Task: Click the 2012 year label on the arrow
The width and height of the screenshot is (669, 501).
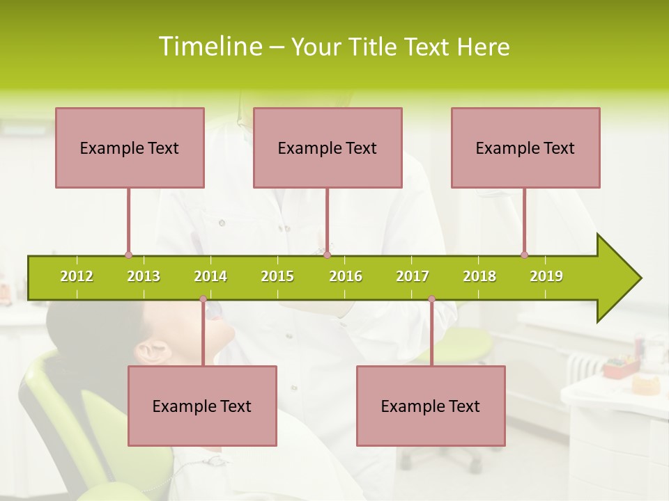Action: click(77, 277)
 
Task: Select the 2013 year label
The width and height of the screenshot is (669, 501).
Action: click(144, 277)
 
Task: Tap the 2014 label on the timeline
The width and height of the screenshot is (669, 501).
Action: click(210, 277)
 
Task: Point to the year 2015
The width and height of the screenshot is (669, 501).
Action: click(277, 277)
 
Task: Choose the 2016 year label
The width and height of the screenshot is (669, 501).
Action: click(346, 277)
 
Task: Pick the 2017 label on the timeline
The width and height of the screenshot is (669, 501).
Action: click(413, 277)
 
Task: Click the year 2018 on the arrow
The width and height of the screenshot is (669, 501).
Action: click(479, 277)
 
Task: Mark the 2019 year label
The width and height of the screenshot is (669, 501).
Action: click(546, 277)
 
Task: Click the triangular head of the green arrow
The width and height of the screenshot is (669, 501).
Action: click(617, 278)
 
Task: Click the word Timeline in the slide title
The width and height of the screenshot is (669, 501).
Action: click(210, 47)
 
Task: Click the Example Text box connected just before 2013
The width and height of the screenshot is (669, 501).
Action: click(130, 148)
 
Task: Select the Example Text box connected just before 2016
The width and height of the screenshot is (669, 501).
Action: click(328, 148)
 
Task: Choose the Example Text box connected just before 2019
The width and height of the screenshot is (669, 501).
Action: click(525, 148)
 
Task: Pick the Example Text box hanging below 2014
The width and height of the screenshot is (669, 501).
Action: click(202, 406)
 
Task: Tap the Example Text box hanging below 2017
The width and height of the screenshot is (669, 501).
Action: click(431, 406)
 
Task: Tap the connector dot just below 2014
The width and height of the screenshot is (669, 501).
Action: click(203, 299)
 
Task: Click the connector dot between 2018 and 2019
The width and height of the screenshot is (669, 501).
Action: click(524, 255)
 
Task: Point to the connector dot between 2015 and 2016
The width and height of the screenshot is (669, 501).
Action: click(327, 255)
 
